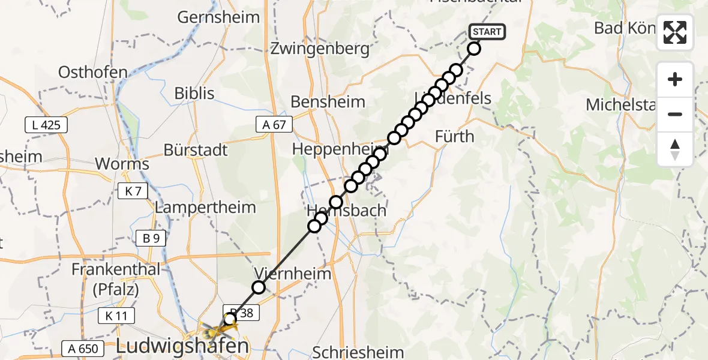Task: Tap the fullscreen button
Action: click(x=675, y=32)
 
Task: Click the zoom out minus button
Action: click(x=675, y=114)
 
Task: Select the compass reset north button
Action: click(x=675, y=149)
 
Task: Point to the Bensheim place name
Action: click(x=328, y=101)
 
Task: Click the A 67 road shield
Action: click(x=274, y=124)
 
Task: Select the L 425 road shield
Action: click(x=46, y=125)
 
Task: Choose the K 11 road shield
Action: click(x=116, y=316)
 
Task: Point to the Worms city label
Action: click(x=122, y=164)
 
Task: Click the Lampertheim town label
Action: click(x=205, y=208)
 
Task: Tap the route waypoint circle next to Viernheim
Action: click(x=259, y=287)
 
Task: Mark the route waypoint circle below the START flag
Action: click(x=474, y=49)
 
